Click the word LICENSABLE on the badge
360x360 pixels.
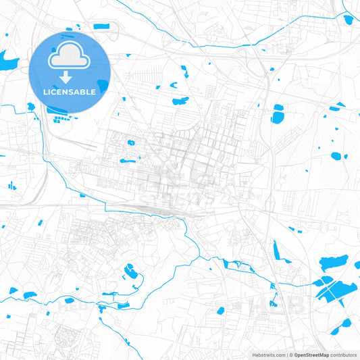tap(69, 91)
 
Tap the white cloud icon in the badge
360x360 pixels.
tap(69, 59)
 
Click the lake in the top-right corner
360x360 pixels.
tap(349, 20)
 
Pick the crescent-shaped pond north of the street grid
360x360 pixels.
tap(180, 101)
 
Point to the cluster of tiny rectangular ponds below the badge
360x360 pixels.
tap(63, 120)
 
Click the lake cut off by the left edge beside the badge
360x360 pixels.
tap(8, 63)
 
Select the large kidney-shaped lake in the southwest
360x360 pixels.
tap(130, 273)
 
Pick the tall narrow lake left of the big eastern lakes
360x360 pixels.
tap(276, 251)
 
